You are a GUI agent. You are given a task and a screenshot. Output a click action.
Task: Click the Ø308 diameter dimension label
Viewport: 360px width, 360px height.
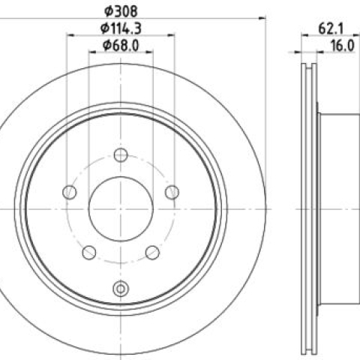pos(121,11)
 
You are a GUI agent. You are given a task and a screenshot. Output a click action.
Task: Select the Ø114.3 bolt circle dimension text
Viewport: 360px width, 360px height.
pos(121,28)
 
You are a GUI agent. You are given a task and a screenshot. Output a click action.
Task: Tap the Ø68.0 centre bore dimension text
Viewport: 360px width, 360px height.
pos(121,46)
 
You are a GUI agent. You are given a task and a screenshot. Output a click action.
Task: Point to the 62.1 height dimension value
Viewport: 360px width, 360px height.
pos(331,28)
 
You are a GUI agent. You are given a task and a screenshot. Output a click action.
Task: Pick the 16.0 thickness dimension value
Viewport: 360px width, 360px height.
pos(343,46)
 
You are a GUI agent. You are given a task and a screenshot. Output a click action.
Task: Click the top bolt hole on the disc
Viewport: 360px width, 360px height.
pos(121,155)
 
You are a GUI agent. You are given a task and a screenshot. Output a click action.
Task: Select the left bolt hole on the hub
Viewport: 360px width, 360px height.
pos(70,192)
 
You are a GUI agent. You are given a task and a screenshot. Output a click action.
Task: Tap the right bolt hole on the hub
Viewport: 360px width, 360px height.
pos(172,192)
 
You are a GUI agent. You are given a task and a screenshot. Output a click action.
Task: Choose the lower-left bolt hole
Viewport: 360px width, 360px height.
pos(89,253)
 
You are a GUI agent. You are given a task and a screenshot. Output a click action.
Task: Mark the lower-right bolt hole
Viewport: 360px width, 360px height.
pos(152,253)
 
